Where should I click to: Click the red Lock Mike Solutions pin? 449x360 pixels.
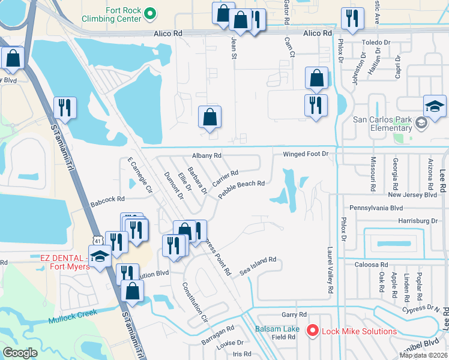coord(312,331)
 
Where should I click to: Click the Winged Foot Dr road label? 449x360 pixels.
coord(306,154)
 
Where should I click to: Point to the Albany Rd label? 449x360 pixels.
coord(206,155)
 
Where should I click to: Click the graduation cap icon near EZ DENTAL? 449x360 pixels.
coord(100,256)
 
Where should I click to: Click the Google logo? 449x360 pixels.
coord(20,352)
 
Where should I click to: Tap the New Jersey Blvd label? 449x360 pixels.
coord(412,195)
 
